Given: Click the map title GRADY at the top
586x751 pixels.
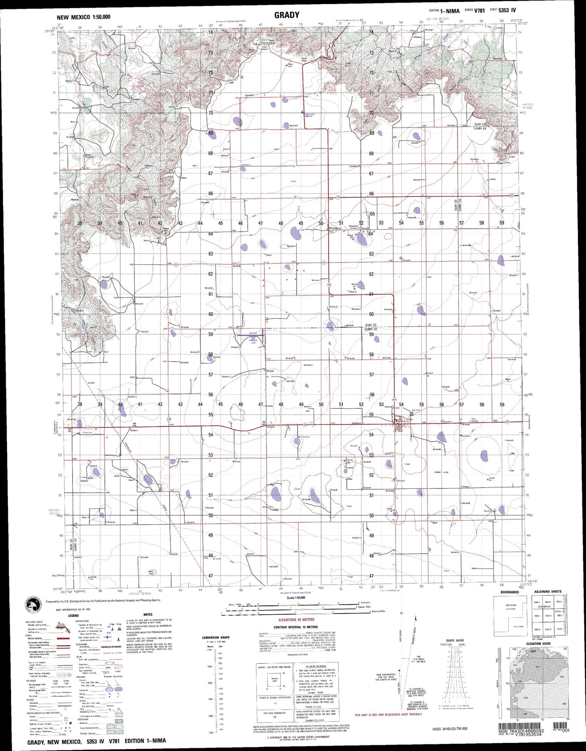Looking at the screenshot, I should tap(287, 15).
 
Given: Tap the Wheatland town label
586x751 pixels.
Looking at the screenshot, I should tap(335, 229).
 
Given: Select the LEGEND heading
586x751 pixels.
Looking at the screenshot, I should tap(73, 615).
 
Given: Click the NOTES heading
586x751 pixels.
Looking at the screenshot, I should tap(148, 614).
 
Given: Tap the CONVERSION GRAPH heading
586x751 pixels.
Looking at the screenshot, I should tap(216, 637).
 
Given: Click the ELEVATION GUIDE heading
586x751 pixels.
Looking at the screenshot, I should tap(539, 643).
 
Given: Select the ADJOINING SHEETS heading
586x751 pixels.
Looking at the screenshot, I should tap(547, 592).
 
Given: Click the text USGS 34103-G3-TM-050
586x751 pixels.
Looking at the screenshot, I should tap(450, 729).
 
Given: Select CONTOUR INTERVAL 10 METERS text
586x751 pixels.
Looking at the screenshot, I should tap(296, 627).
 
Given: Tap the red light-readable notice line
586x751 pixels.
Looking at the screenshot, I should tap(388, 715).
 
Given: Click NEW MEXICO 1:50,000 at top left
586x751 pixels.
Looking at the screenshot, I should tap(84, 17).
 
